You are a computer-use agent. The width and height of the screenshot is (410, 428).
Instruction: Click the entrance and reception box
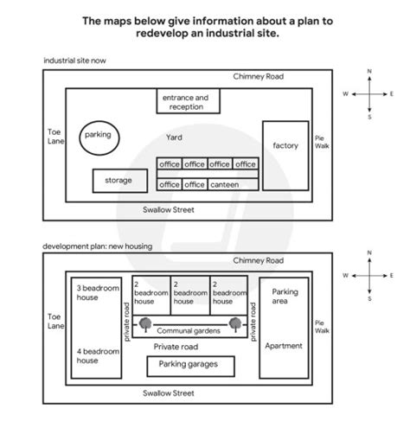183,102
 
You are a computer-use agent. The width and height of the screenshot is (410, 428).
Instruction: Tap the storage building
119,180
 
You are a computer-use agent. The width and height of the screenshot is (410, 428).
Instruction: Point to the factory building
285,145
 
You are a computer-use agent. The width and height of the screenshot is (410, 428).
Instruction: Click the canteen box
223,184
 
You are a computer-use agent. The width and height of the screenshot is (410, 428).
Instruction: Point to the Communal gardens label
188,329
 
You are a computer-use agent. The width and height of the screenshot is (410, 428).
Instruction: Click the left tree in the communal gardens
144,327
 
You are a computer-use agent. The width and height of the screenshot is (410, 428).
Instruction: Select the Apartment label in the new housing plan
285,346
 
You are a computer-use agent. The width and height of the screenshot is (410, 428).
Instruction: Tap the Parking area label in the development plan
285,297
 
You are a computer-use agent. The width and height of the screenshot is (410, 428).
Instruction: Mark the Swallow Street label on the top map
169,209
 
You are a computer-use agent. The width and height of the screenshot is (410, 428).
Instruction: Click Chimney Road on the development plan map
258,259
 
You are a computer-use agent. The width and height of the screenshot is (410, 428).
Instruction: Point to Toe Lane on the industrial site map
55,137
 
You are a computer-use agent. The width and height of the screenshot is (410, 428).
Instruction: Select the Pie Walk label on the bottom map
321,326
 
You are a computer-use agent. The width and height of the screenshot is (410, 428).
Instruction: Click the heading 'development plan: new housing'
97,246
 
